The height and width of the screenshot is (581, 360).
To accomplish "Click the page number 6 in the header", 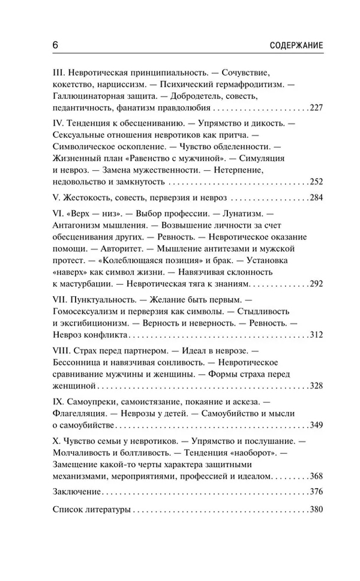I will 55,46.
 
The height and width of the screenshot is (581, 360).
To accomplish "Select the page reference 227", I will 316,109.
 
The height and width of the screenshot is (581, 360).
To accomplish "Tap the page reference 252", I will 316,181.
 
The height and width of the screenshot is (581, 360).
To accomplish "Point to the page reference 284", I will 316,198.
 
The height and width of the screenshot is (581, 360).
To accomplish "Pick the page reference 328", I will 316,386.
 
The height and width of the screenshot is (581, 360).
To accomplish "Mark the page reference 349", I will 316,425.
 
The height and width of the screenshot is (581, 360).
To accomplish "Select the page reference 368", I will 316,476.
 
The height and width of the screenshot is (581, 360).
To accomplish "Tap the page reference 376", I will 316,493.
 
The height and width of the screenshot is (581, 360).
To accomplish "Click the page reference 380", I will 316,511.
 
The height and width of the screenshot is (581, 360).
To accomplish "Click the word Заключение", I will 76,493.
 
